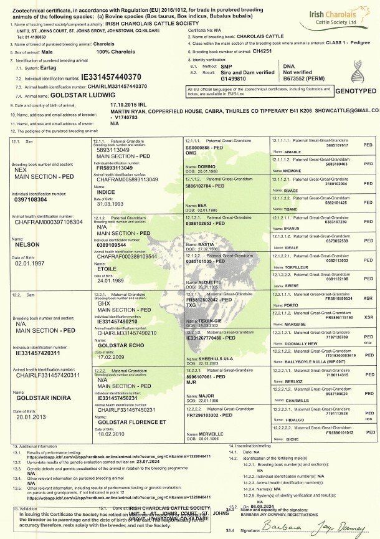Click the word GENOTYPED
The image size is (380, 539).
[354, 90]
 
